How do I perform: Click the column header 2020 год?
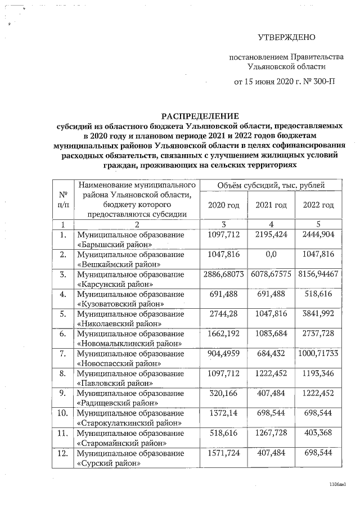(224, 205)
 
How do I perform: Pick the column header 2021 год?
(271, 205)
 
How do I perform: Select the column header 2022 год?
(318, 205)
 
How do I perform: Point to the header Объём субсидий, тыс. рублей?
(271, 185)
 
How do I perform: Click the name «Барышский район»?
(115, 245)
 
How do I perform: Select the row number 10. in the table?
(63, 412)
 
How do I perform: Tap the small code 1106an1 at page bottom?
(337, 483)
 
